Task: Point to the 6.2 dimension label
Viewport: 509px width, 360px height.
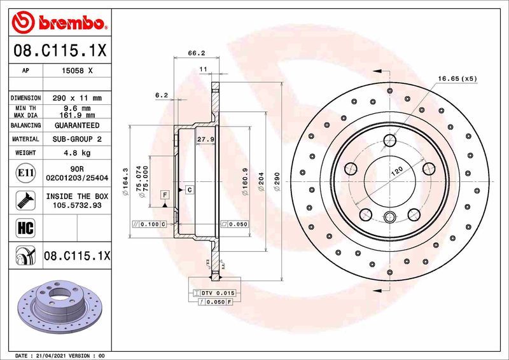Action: pyautogui.click(x=161, y=95)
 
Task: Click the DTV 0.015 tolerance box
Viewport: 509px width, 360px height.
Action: pyautogui.click(x=217, y=293)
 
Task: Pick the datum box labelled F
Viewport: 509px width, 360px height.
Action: pyautogui.click(x=165, y=194)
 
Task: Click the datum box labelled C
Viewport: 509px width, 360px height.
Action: pyautogui.click(x=189, y=190)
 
